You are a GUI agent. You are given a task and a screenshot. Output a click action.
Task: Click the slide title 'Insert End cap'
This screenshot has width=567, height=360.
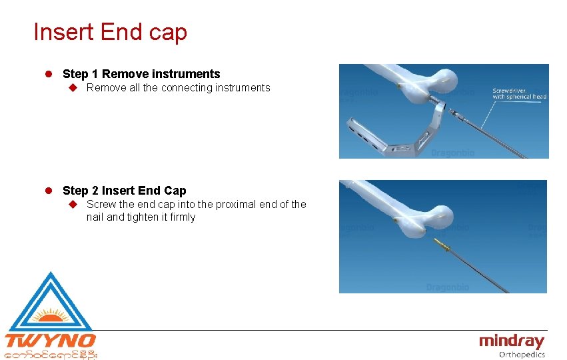pyautogui.click(x=110, y=32)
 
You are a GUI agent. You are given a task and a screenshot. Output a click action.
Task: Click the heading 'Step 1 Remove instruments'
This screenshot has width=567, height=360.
pyautogui.click(x=141, y=74)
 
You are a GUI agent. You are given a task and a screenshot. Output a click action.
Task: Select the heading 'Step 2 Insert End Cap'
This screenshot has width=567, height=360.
pyautogui.click(x=125, y=191)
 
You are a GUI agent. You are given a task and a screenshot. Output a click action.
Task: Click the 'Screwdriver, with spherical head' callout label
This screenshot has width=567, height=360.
pyautogui.click(x=519, y=93)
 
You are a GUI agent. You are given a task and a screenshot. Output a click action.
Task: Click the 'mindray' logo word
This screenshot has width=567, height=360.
pyautogui.click(x=511, y=342)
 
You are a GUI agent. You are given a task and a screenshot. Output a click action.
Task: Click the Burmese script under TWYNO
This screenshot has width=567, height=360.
pyautogui.click(x=51, y=355)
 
